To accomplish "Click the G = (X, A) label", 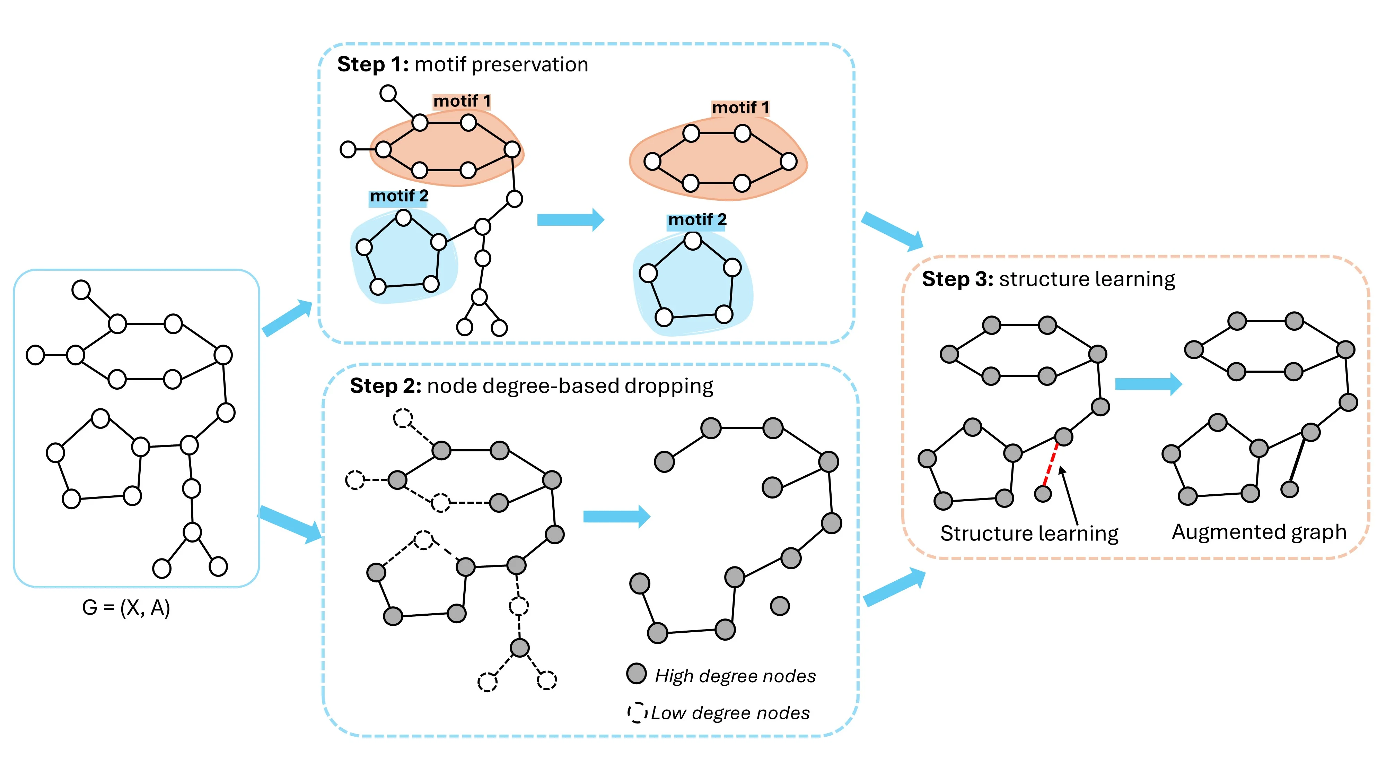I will click(126, 608).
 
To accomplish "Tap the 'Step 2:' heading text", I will click(386, 386).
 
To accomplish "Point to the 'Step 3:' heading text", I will click(957, 279).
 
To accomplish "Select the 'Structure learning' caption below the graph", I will click(1029, 534).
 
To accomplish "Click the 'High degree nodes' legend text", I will click(735, 676).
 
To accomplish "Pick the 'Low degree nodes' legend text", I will click(730, 713).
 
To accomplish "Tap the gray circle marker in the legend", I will click(637, 674).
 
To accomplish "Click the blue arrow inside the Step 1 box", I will click(570, 220).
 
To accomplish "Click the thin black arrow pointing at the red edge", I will click(1069, 495).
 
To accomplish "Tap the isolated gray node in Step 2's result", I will click(780, 606).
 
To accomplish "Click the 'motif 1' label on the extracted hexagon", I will click(740, 108).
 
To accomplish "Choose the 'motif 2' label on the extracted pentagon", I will click(697, 220).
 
